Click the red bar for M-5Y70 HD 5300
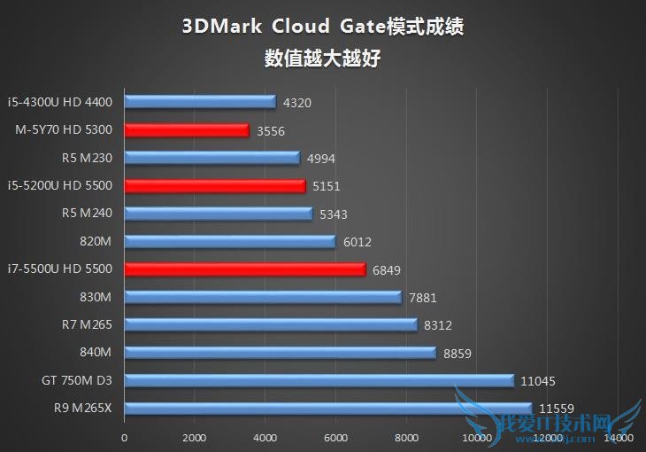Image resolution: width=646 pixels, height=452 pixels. (x=187, y=130)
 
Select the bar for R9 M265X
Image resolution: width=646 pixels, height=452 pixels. (x=328, y=409)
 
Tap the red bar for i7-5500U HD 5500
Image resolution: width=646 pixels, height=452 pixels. (x=245, y=269)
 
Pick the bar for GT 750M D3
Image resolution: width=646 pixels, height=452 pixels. (x=319, y=380)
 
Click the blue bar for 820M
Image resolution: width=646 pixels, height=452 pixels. (x=230, y=241)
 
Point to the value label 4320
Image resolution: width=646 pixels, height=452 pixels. (x=297, y=103)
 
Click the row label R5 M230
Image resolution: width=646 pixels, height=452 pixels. (x=87, y=158)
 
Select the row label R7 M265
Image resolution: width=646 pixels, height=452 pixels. (x=87, y=324)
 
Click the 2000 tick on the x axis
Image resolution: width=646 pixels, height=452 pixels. (x=195, y=438)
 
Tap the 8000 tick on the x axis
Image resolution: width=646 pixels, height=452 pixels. (x=406, y=438)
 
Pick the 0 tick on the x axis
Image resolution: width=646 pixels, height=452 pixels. (x=125, y=438)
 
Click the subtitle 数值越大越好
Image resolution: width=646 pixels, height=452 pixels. (x=323, y=58)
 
